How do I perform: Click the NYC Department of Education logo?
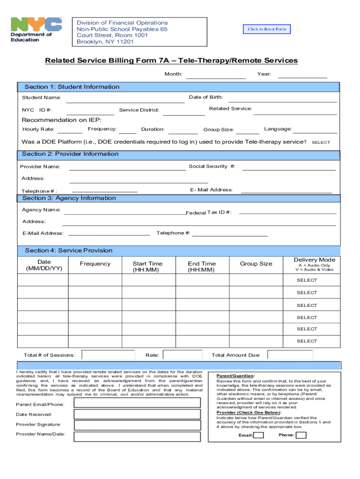[x=36, y=30]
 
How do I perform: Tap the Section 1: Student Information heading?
[x=72, y=87]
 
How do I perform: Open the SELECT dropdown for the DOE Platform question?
[x=321, y=142]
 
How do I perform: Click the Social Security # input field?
[x=288, y=167]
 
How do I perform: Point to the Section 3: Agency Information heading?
[x=69, y=198]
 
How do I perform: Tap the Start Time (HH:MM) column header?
[x=147, y=267]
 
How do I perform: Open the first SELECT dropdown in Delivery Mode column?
[x=307, y=280]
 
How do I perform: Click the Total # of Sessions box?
[x=108, y=355]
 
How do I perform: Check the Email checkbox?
[x=259, y=435]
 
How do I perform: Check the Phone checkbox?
[x=301, y=435]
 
